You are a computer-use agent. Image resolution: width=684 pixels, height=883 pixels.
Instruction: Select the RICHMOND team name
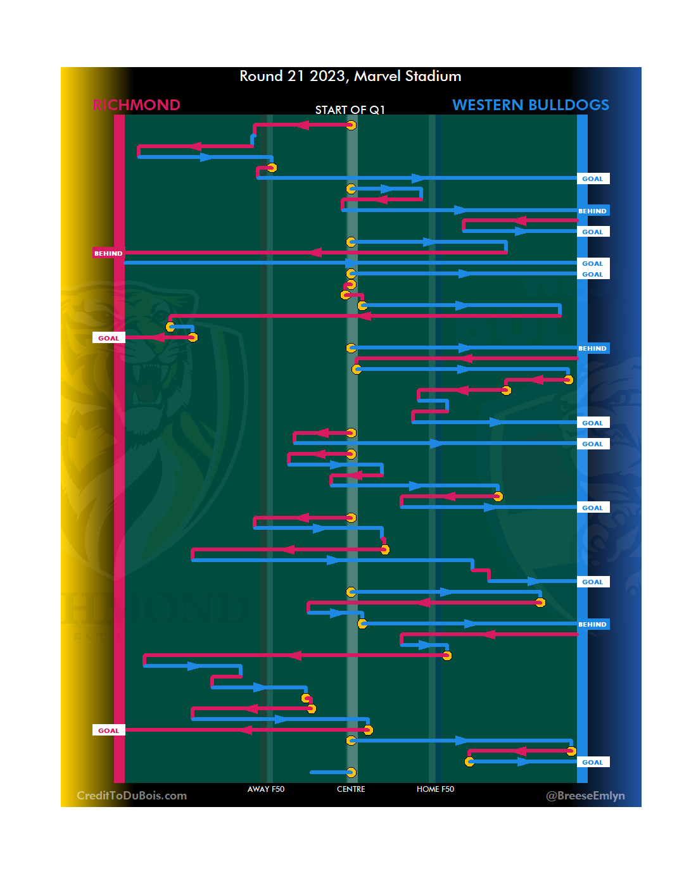(x=136, y=105)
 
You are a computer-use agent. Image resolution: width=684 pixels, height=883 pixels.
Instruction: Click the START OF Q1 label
(x=350, y=110)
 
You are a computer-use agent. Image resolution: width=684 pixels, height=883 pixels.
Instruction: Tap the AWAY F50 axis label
(x=266, y=789)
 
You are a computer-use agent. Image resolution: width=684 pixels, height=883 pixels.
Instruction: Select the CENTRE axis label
(x=351, y=789)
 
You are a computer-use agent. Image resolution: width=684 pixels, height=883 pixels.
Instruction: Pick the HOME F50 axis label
(x=435, y=789)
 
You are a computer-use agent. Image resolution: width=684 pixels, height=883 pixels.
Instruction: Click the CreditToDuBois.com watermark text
(x=132, y=796)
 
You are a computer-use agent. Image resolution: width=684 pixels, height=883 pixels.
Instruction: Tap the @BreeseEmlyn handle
(x=585, y=796)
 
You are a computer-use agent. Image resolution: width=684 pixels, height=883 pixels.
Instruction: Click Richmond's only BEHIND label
(x=108, y=253)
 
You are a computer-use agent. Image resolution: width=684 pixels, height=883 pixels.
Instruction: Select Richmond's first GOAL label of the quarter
(x=108, y=338)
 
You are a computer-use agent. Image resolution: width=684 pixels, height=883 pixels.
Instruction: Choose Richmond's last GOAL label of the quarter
(x=108, y=730)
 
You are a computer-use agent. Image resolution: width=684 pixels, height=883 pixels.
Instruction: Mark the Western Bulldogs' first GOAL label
(x=593, y=179)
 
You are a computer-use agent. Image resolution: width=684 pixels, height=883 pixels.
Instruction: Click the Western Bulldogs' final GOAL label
(x=593, y=763)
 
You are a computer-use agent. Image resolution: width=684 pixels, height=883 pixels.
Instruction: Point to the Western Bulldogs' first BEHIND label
(x=592, y=211)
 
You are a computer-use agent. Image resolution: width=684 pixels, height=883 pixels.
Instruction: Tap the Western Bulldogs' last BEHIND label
(x=592, y=625)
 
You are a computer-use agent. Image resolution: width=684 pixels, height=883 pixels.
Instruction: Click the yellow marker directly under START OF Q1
(x=351, y=125)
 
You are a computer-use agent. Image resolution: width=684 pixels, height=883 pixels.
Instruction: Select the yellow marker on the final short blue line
(x=351, y=772)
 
